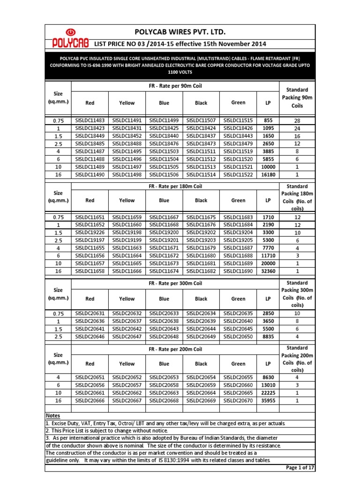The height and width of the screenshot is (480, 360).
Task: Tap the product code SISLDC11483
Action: point(90,120)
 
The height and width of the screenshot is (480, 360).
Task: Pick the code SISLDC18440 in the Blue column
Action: point(164,135)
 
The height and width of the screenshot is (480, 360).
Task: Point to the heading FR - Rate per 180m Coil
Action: point(175,186)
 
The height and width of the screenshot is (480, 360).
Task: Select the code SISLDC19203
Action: point(201,240)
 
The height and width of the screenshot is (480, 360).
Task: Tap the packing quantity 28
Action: point(297,121)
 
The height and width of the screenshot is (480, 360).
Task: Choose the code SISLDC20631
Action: point(90,314)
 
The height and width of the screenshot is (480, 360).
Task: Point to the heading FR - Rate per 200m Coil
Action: point(175,349)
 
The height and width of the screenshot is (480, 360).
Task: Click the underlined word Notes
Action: point(53,416)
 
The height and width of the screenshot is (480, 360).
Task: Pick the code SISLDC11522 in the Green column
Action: point(238,174)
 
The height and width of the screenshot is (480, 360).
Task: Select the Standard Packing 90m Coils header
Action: point(297,97)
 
